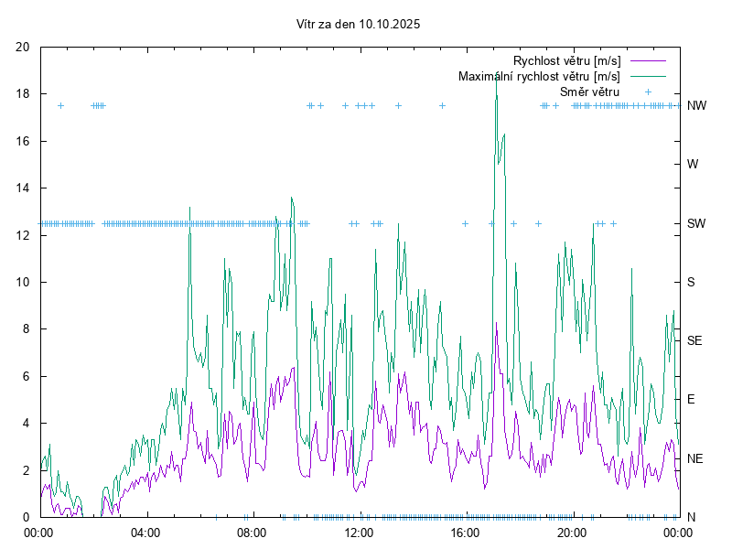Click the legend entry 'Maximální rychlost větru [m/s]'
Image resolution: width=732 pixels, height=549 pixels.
click(x=539, y=76)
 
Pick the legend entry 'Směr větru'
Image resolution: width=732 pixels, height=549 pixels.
click(x=589, y=91)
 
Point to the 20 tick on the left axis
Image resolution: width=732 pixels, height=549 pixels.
click(x=23, y=48)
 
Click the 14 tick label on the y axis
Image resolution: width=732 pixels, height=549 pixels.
click(x=23, y=188)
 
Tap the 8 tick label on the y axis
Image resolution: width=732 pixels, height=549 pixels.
click(x=27, y=329)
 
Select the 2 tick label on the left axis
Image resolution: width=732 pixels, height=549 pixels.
click(x=27, y=470)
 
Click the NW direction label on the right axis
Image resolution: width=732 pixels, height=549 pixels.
click(x=696, y=106)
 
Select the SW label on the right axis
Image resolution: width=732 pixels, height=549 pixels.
click(x=696, y=223)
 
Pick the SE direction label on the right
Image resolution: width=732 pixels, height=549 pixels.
click(x=694, y=340)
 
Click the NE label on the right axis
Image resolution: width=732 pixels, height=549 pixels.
click(x=695, y=458)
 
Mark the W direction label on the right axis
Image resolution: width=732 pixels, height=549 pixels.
click(x=693, y=165)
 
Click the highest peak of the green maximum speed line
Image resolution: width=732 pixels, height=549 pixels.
click(x=496, y=79)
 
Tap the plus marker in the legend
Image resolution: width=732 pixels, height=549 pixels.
click(x=648, y=91)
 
